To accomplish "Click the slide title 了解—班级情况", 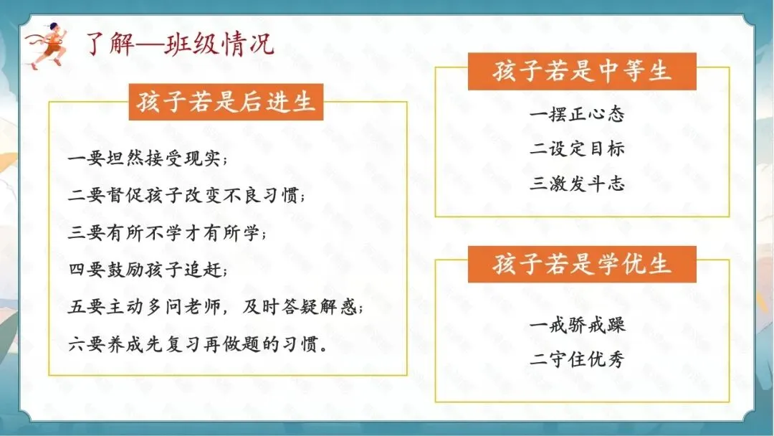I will click(x=180, y=44).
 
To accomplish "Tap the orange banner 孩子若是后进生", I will click(x=226, y=102).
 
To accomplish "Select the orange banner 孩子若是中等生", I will click(x=582, y=72).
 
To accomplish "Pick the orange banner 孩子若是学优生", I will click(x=582, y=264).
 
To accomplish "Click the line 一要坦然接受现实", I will click(x=148, y=159).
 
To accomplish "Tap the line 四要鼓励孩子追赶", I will click(x=148, y=270).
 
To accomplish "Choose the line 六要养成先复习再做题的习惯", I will click(x=199, y=345).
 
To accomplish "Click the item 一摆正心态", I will click(x=578, y=114).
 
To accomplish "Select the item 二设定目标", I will click(x=578, y=148).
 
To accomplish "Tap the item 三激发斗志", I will click(x=578, y=184).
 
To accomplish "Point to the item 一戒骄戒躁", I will click(x=578, y=324).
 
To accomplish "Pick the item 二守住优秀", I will click(x=578, y=359).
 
